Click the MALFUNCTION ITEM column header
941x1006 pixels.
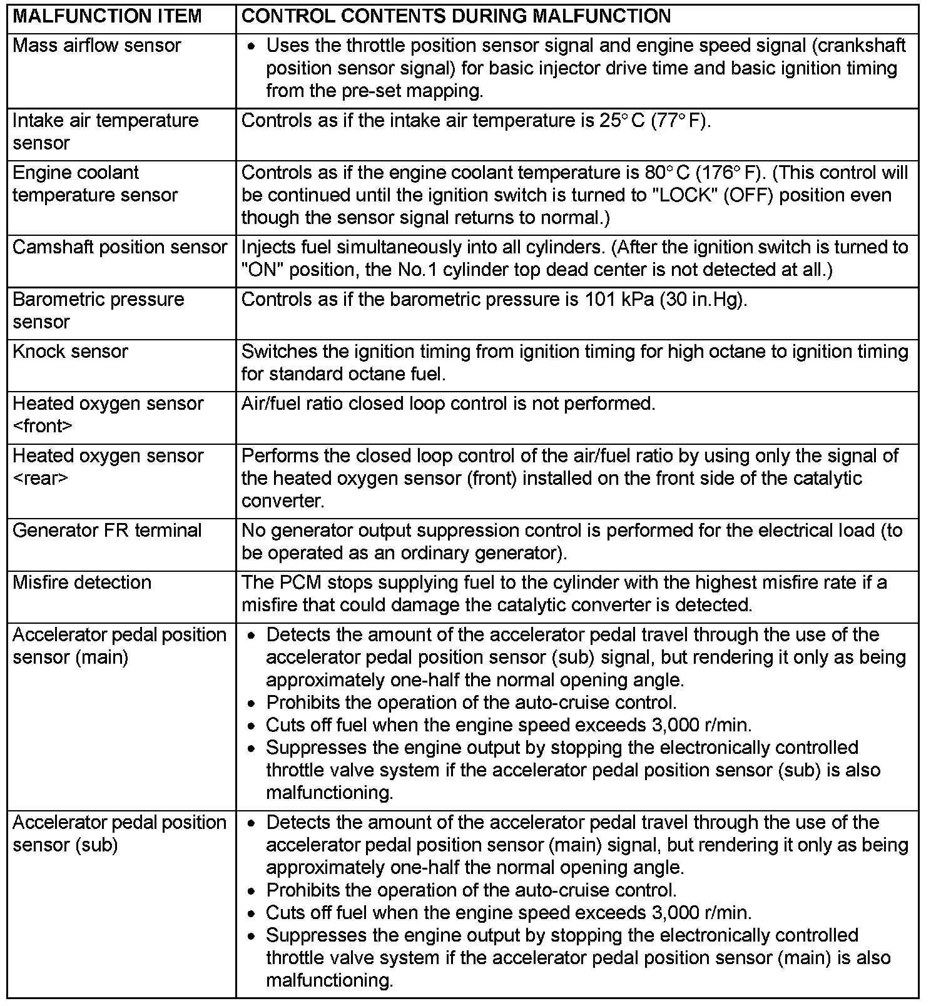pyautogui.click(x=107, y=17)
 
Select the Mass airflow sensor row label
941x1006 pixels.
pyautogui.click(x=96, y=46)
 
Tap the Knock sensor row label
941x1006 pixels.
pyautogui.click(x=70, y=352)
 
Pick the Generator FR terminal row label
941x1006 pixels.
pyautogui.click(x=107, y=531)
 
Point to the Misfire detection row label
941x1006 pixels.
pyautogui.click(x=82, y=582)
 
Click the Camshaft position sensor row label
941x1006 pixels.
pyautogui.click(x=120, y=247)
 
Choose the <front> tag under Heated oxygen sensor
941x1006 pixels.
pyautogui.click(x=43, y=427)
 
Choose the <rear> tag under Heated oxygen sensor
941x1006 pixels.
pyautogui.click(x=40, y=479)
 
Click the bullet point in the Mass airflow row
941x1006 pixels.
pyautogui.click(x=252, y=47)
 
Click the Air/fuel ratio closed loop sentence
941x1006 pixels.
pyautogui.click(x=448, y=404)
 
